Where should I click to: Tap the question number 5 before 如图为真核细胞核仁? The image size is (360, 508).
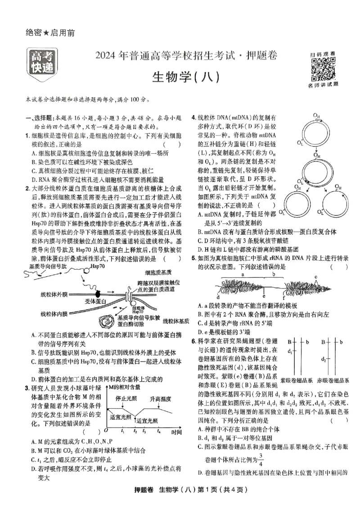click(x=193, y=258)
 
